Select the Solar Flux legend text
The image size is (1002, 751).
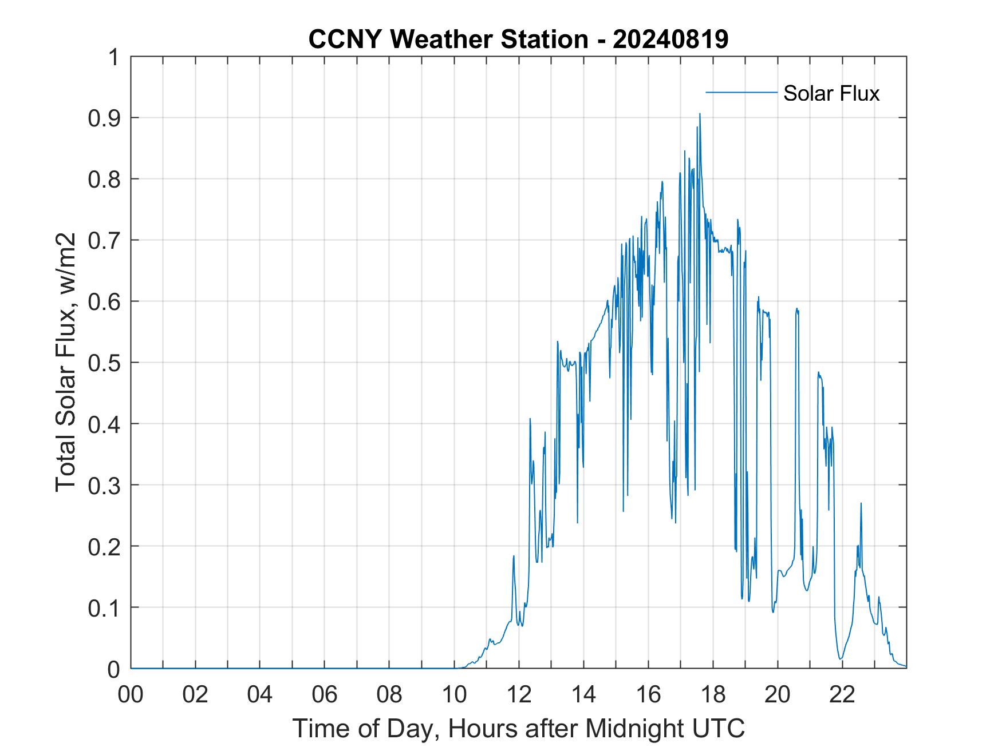[831, 93]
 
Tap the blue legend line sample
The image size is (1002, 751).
[741, 92]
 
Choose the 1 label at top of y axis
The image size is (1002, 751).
[114, 57]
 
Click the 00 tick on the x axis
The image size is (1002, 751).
[131, 695]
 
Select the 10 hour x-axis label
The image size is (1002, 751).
[454, 695]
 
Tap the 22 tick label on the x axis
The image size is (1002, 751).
[842, 695]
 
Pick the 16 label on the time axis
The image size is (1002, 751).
[648, 695]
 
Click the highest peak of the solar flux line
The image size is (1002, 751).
[699, 114]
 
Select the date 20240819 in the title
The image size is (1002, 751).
[670, 39]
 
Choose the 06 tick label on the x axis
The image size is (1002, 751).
[325, 695]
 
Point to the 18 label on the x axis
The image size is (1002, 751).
[713, 695]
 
